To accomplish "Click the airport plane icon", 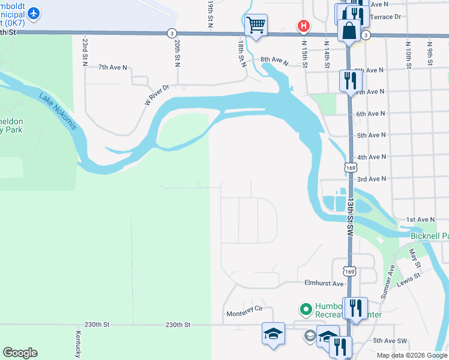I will (x=33, y=13).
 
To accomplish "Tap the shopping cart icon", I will (x=256, y=25).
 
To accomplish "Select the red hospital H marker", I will (x=304, y=26).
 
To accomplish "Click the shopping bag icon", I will (x=349, y=29).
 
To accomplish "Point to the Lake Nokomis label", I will (x=58, y=112).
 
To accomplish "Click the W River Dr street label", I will (x=157, y=95).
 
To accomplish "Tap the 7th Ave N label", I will (x=113, y=68).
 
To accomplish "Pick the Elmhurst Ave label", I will (x=324, y=283).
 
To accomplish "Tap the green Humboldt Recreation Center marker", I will (x=306, y=310).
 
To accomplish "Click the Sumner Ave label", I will (x=387, y=281).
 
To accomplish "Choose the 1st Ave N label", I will (x=420, y=220).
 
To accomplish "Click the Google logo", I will (x=20, y=353).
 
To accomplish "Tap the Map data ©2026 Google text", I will (x=411, y=355).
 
